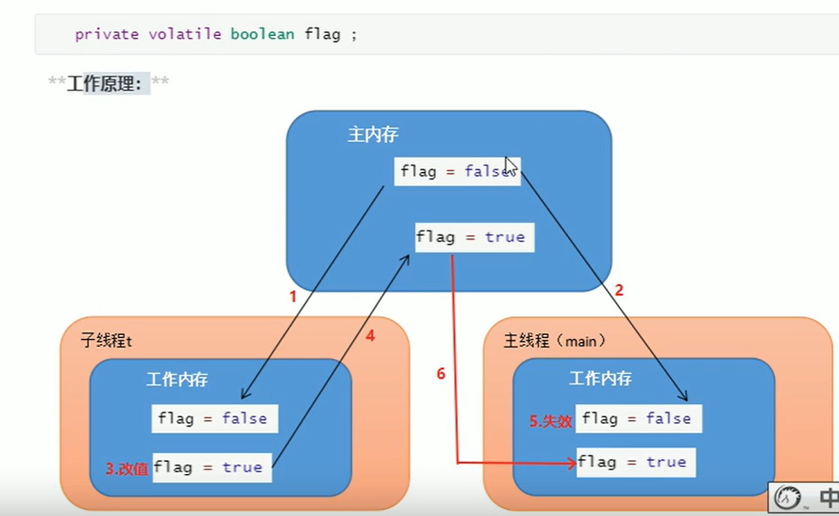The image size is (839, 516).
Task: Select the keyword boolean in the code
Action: pyautogui.click(x=262, y=35)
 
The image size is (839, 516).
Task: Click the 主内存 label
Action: pyautogui.click(x=373, y=135)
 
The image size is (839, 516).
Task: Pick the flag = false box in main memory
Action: pyautogui.click(x=456, y=171)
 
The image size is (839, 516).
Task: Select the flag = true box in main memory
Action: pyautogui.click(x=474, y=237)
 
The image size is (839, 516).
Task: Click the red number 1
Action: pyautogui.click(x=293, y=297)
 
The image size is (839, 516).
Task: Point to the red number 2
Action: pyautogui.click(x=619, y=291)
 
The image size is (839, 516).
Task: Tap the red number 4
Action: pyautogui.click(x=370, y=336)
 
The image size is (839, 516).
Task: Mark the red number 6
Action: pyautogui.click(x=441, y=373)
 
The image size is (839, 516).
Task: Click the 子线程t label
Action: pyautogui.click(x=106, y=341)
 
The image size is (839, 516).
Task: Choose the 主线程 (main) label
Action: pyautogui.click(x=555, y=341)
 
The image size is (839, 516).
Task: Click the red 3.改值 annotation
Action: pyautogui.click(x=127, y=469)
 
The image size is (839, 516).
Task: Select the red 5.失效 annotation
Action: pyautogui.click(x=550, y=421)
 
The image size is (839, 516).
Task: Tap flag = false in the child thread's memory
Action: pyautogui.click(x=215, y=418)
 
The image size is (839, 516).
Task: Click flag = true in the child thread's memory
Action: pyautogui.click(x=212, y=467)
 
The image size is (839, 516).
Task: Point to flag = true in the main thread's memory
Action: pyautogui.click(x=636, y=462)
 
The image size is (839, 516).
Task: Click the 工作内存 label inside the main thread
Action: pyautogui.click(x=600, y=379)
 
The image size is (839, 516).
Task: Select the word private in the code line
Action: pyautogui.click(x=107, y=35)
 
